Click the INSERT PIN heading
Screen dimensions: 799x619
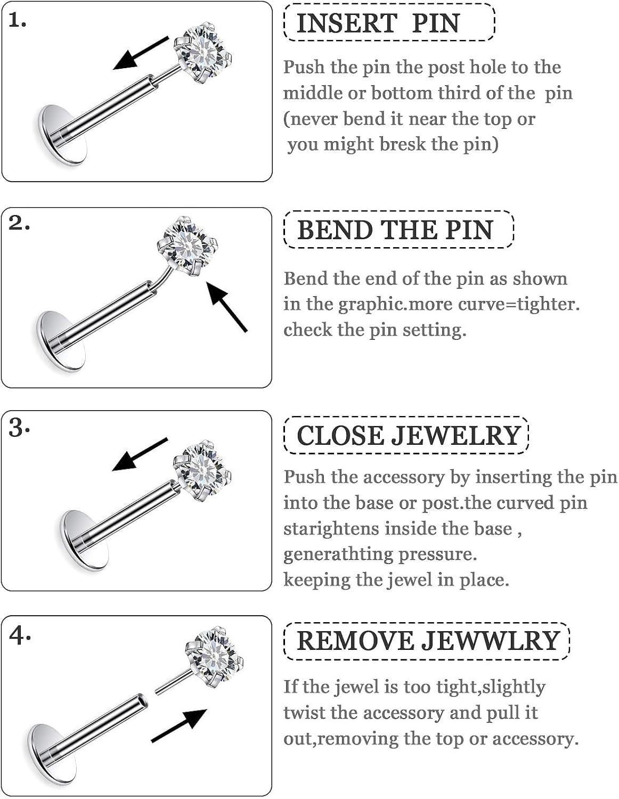click(378, 23)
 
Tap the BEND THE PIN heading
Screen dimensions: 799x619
click(395, 230)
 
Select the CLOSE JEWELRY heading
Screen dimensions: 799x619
click(408, 436)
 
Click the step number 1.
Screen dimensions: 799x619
click(18, 21)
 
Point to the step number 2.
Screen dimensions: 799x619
click(19, 223)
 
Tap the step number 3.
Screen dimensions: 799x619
click(19, 428)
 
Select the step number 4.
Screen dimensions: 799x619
click(20, 634)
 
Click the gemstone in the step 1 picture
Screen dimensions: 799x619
click(205, 52)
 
